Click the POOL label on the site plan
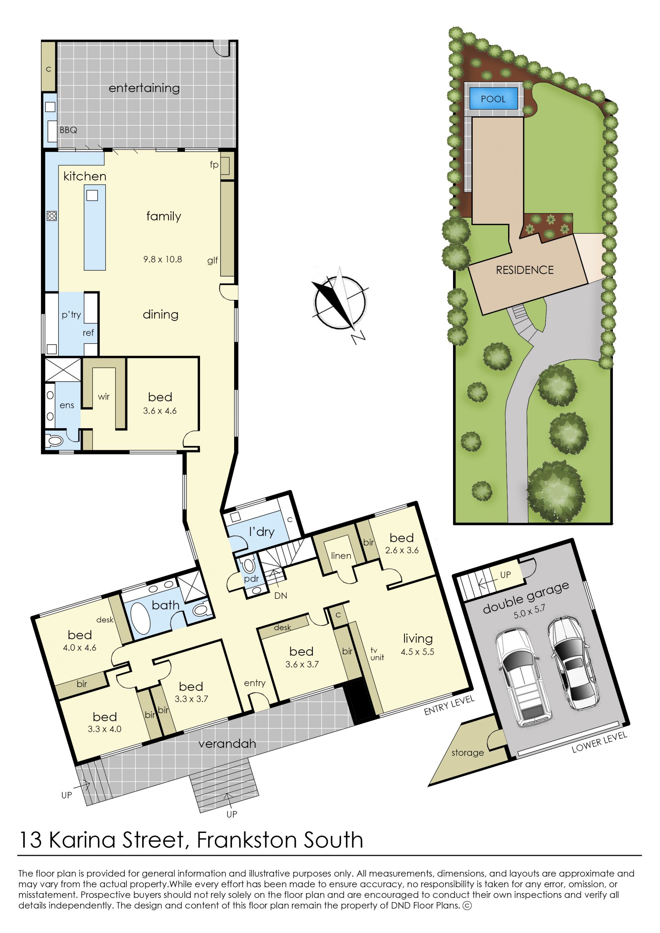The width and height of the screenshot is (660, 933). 493,99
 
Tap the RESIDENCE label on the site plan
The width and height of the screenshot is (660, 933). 525,270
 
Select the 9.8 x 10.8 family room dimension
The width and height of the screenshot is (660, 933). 163,259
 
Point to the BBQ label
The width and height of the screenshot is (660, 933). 68,130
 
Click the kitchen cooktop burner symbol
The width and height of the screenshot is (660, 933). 52,216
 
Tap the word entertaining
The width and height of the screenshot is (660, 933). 144,88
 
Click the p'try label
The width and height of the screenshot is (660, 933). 71,315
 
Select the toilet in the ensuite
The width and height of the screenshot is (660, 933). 54,440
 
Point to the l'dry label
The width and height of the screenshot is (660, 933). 262,531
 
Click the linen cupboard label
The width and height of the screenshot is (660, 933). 341,555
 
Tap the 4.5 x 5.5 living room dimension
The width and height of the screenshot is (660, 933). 417,652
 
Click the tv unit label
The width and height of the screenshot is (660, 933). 377,654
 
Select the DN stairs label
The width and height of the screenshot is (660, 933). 280,596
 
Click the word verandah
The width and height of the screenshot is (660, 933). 227,744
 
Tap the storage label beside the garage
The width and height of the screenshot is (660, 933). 468,752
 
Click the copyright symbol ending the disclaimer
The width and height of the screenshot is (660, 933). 467,905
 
